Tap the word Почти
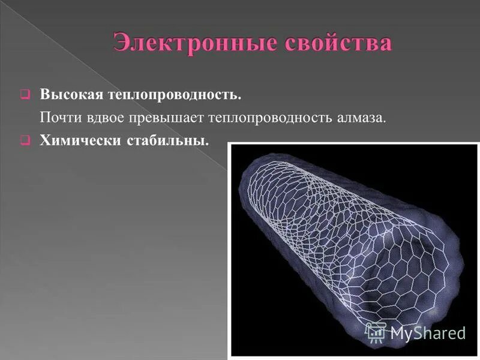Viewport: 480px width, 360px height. (59, 118)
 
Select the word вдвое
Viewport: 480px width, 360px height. (103, 118)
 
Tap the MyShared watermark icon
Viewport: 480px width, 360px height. (376, 332)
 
